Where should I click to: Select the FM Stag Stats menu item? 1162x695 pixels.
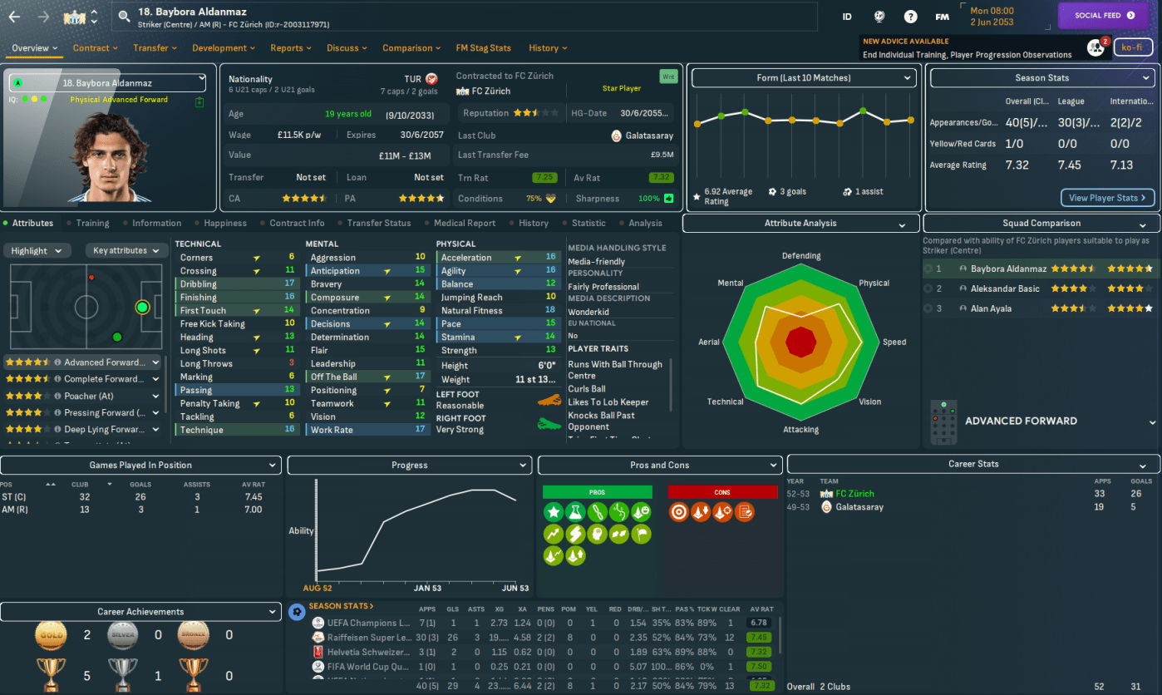coord(484,48)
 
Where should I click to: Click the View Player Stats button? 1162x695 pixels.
coord(1107,198)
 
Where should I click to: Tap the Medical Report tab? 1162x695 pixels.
coord(464,223)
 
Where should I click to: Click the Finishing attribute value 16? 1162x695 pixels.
coord(289,298)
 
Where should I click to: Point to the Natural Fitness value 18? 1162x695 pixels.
coord(550,311)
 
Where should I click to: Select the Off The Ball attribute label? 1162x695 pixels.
coord(334,377)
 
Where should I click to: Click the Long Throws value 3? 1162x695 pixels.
coord(292,364)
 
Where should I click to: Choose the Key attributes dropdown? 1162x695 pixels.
coord(126,250)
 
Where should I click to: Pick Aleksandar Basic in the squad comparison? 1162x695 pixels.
coord(1005,288)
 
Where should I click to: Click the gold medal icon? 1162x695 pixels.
coord(51,636)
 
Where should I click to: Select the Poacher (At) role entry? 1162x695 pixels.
coord(88,396)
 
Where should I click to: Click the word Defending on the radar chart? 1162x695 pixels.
coord(800,256)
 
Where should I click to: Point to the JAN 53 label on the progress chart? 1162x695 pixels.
coord(427,589)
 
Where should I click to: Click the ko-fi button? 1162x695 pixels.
coord(1133,47)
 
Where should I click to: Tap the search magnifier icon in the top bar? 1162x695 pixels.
coord(125,16)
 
